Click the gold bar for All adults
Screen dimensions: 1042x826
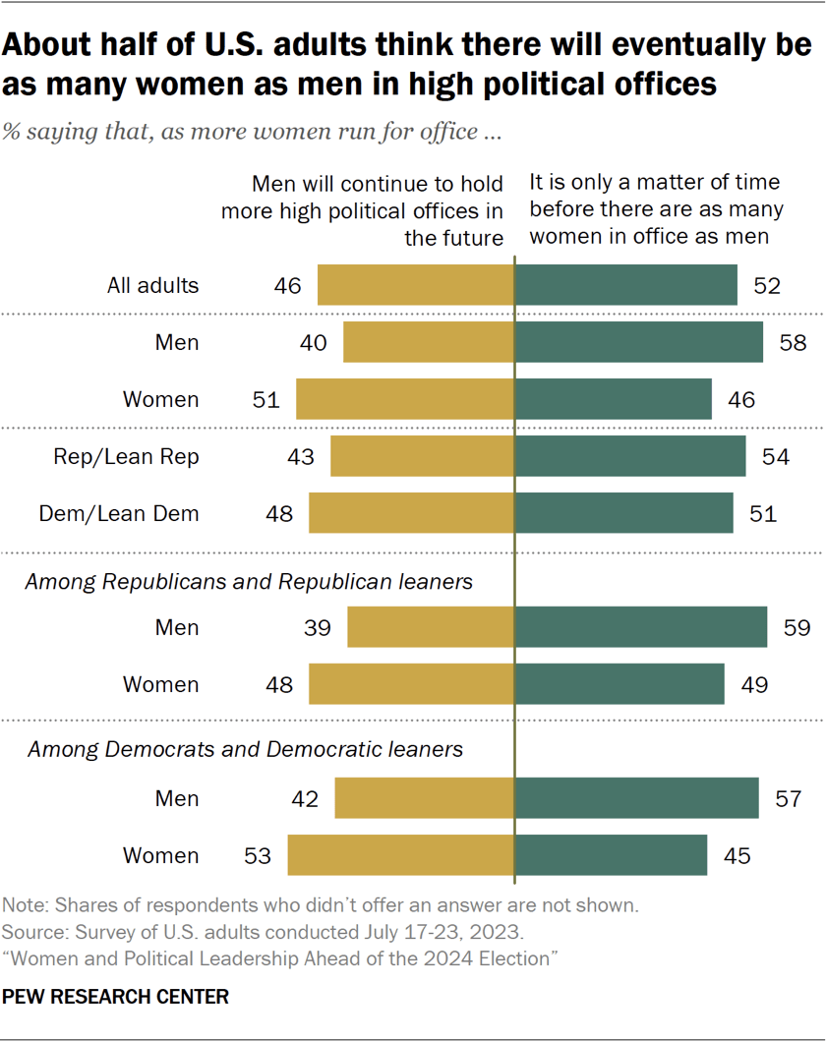click(415, 286)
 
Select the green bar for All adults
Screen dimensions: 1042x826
click(625, 286)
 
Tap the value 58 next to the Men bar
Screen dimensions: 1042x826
click(793, 343)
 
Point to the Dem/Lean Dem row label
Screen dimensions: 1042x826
click(119, 513)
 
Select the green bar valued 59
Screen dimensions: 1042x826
click(640, 627)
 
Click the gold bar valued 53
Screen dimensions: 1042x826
click(400, 855)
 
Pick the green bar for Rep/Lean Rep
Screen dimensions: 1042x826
click(629, 456)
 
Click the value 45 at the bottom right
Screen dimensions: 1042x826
click(737, 855)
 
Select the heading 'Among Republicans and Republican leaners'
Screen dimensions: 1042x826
click(249, 582)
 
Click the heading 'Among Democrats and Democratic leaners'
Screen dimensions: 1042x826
click(245, 749)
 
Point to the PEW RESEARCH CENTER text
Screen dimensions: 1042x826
click(116, 997)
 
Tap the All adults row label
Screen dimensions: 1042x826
click(152, 286)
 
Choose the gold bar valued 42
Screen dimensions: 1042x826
click(424, 798)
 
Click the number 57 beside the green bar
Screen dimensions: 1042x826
click(788, 798)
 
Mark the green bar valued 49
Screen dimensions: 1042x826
click(619, 684)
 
